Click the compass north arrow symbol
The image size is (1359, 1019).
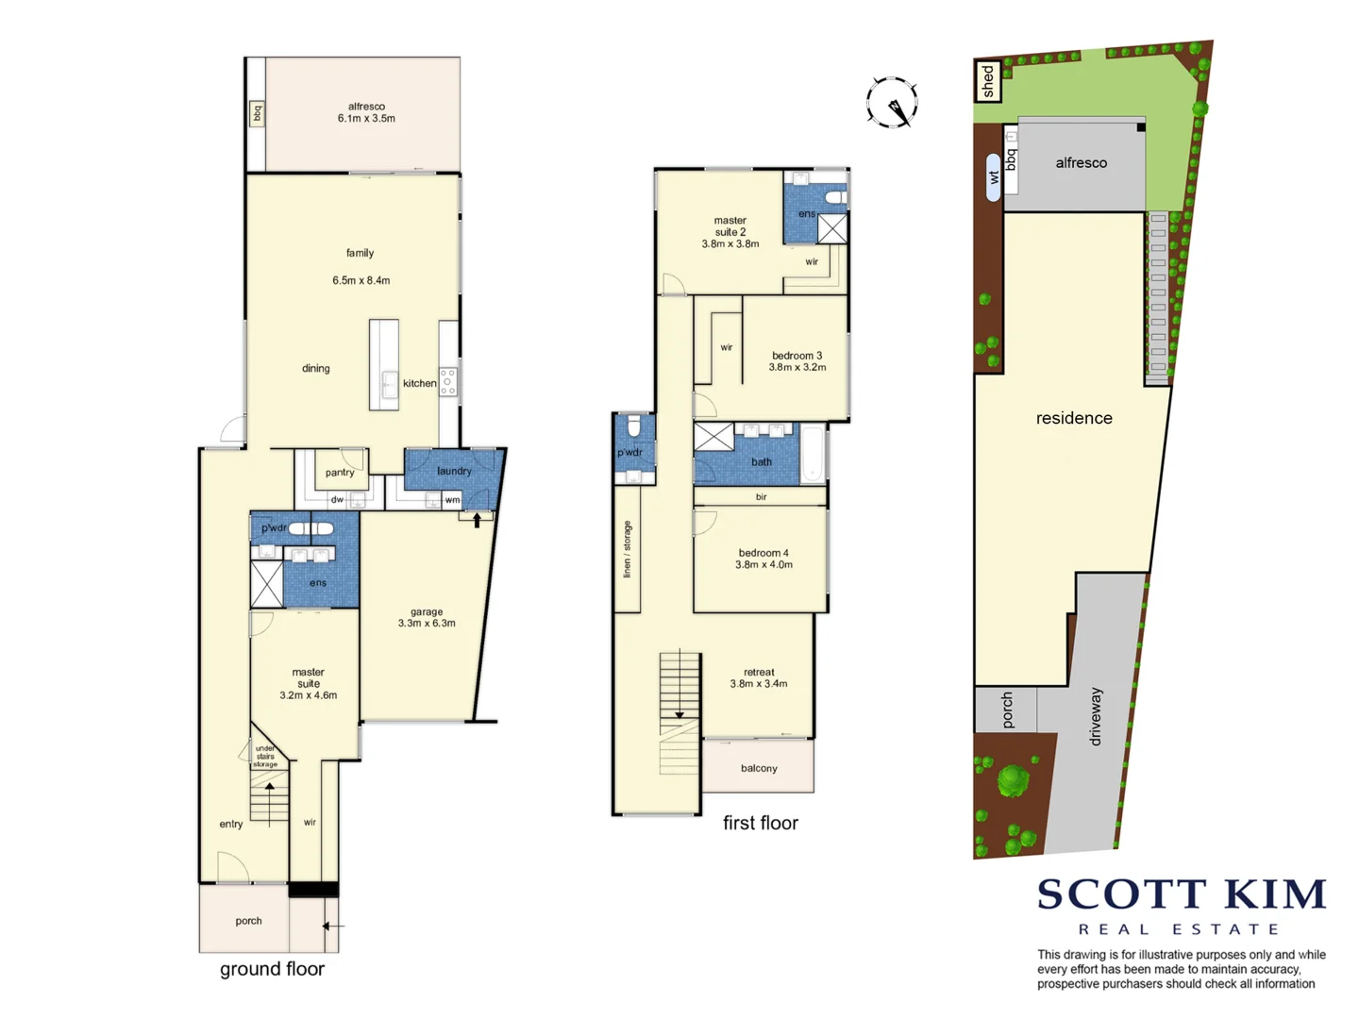(892, 102)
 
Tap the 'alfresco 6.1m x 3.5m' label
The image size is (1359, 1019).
(366, 112)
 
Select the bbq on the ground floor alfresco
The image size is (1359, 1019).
(256, 113)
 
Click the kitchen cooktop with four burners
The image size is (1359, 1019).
(448, 382)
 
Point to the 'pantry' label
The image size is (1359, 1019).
(340, 472)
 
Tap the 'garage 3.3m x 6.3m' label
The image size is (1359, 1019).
(427, 617)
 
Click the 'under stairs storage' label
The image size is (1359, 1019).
(265, 756)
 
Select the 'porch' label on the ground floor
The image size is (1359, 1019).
(248, 921)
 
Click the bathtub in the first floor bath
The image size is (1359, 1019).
(813, 455)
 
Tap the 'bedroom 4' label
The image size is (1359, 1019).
(763, 559)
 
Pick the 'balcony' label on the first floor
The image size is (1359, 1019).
(759, 768)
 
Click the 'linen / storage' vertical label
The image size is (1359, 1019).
(627, 549)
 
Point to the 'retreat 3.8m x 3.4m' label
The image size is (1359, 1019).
(759, 677)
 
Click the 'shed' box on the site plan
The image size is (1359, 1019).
(987, 81)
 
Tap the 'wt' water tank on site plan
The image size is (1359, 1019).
(993, 176)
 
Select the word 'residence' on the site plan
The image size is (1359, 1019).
(1074, 418)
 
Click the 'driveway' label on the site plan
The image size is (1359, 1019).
(1095, 716)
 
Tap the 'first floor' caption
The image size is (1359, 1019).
(760, 823)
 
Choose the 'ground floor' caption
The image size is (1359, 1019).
(272, 969)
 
